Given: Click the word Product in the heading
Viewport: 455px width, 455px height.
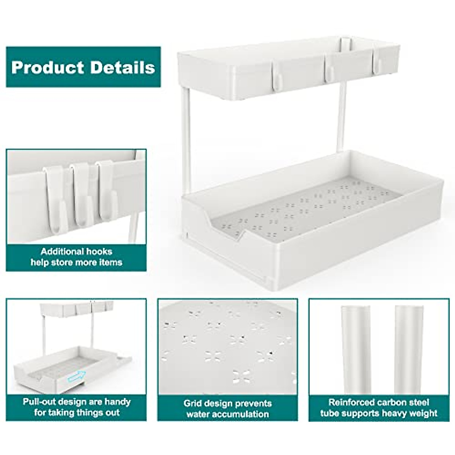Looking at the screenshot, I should [x=48, y=67].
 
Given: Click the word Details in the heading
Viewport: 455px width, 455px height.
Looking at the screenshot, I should [x=123, y=67].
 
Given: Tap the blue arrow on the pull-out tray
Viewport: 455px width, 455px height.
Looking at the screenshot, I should [x=77, y=377].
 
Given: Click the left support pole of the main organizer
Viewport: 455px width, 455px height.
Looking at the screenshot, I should [x=186, y=140].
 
